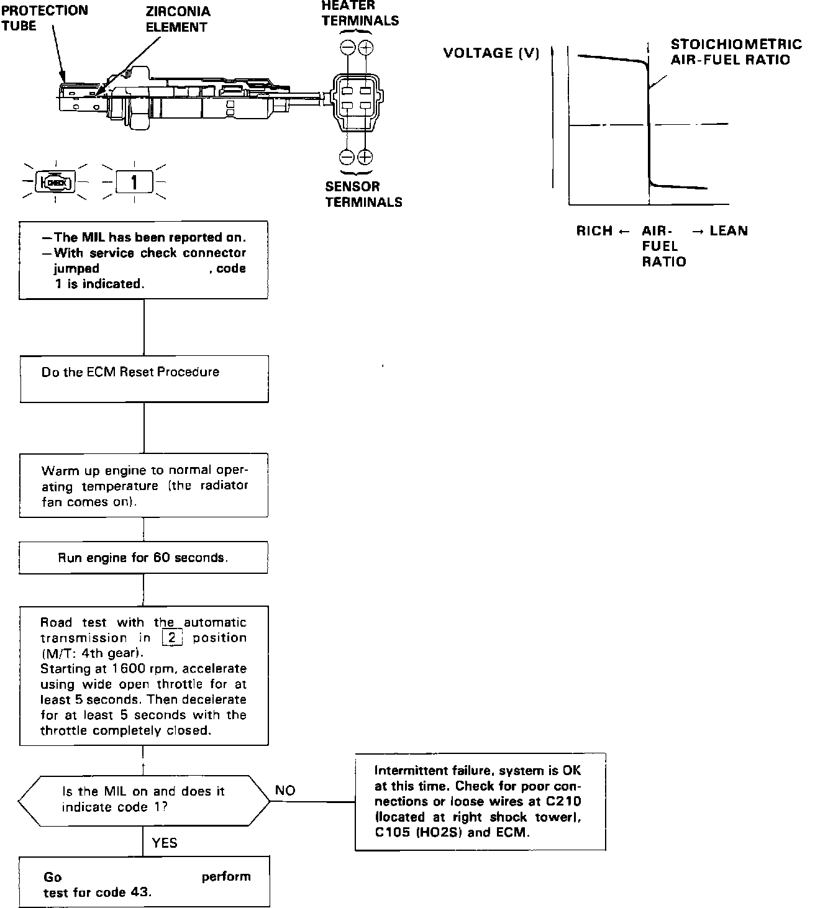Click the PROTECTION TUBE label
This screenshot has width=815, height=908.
tap(44, 18)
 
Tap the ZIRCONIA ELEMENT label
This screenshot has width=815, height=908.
tap(178, 19)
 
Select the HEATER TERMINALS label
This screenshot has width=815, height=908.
tap(360, 13)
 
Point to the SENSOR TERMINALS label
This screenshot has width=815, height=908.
tap(363, 194)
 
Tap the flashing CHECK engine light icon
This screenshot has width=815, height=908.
tap(55, 182)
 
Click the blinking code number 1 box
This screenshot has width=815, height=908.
tap(134, 183)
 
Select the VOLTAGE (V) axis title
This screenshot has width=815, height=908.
tap(491, 53)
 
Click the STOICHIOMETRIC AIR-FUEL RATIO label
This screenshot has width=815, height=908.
tap(735, 52)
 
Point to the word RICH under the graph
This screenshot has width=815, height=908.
tap(594, 231)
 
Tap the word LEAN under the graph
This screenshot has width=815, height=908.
tap(728, 231)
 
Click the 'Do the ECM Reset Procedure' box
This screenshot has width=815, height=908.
tap(144, 378)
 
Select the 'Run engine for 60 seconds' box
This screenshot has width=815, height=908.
tap(143, 557)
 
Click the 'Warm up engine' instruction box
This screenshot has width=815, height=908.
tap(143, 486)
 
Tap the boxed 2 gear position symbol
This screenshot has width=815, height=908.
tap(171, 638)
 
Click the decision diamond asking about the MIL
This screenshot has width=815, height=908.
tap(143, 799)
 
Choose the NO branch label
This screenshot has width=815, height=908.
tap(285, 791)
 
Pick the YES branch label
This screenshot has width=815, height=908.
tap(164, 843)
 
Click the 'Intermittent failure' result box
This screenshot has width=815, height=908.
tap(480, 801)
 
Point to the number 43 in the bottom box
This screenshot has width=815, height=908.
tap(140, 892)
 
